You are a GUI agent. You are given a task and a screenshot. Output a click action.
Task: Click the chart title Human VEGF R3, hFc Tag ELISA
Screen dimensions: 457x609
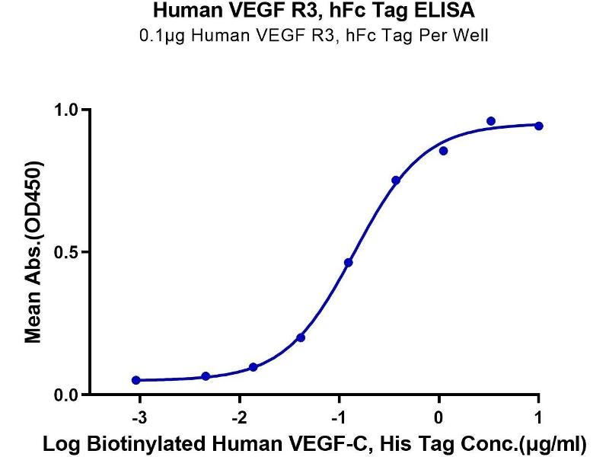coord(304,11)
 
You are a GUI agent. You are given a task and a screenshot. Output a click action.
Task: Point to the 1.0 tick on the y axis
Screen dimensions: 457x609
coord(69,110)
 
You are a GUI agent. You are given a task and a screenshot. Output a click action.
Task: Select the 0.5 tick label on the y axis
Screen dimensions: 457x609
coord(69,252)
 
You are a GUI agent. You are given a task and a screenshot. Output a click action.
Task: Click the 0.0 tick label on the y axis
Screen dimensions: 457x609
coord(69,395)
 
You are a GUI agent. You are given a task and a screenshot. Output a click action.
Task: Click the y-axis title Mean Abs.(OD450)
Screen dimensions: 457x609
coord(33,252)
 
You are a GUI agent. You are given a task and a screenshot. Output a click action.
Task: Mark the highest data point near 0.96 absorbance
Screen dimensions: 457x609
coord(491,121)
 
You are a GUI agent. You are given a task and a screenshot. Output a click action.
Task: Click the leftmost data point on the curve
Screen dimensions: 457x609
coord(136,380)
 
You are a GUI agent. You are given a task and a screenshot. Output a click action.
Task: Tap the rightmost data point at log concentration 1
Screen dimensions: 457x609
coord(539,126)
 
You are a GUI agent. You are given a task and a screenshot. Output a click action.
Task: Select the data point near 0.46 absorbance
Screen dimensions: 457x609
coord(348,263)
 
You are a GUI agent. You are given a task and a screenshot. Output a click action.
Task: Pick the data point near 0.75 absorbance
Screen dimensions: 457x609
coord(396,181)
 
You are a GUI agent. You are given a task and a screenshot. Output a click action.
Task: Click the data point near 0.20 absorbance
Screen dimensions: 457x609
coord(301,337)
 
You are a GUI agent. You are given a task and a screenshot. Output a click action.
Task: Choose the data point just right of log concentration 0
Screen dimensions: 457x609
coord(443,151)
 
